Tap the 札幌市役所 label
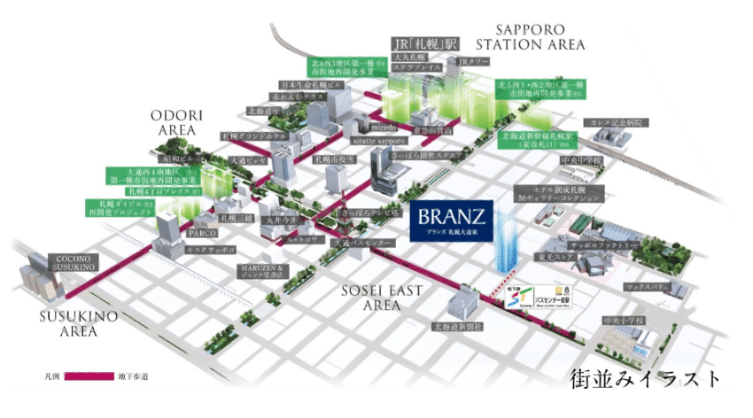point(334,160)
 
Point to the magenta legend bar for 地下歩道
point(89,377)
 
